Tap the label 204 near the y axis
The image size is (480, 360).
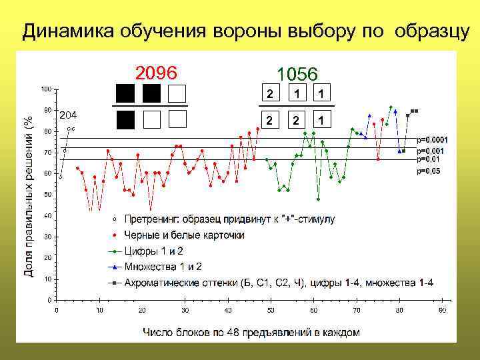68,115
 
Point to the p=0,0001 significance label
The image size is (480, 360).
432,139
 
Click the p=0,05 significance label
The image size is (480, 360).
428,171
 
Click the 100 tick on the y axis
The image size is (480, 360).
46,89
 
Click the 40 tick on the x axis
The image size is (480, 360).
228,310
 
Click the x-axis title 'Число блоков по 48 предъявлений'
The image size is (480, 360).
251,331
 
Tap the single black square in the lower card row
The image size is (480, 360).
125,119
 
